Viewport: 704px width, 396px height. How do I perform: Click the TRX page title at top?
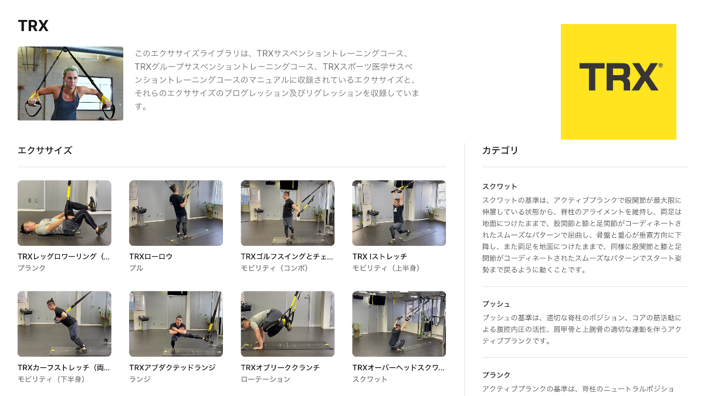point(33,26)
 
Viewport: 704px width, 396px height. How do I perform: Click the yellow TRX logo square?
point(618,82)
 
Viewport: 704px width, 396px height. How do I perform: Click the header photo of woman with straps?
point(70,83)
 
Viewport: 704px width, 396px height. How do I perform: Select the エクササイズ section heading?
point(45,150)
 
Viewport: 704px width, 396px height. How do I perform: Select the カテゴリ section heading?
point(500,150)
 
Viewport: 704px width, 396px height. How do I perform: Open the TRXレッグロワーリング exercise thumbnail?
point(65,213)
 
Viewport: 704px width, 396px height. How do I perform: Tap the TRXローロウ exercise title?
point(151,256)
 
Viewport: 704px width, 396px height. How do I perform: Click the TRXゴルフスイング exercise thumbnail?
point(287,213)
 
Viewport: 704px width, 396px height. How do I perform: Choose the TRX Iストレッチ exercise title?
point(379,256)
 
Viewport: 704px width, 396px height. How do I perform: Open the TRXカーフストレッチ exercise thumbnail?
point(65,324)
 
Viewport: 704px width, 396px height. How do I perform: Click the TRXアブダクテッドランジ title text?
point(172,368)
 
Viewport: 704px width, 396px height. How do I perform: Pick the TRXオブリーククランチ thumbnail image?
point(287,324)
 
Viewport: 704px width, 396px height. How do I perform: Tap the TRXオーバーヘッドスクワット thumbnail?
point(399,324)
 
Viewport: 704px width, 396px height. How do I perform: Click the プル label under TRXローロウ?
point(136,268)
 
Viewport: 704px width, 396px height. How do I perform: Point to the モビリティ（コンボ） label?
point(275,268)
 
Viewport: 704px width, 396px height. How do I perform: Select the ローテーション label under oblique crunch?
point(265,379)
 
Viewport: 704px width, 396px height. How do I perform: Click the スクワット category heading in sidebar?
point(499,187)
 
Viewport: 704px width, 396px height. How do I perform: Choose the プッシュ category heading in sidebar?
point(496,304)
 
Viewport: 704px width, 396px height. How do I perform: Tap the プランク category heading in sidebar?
point(496,375)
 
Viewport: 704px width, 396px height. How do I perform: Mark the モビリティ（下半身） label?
point(52,379)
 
